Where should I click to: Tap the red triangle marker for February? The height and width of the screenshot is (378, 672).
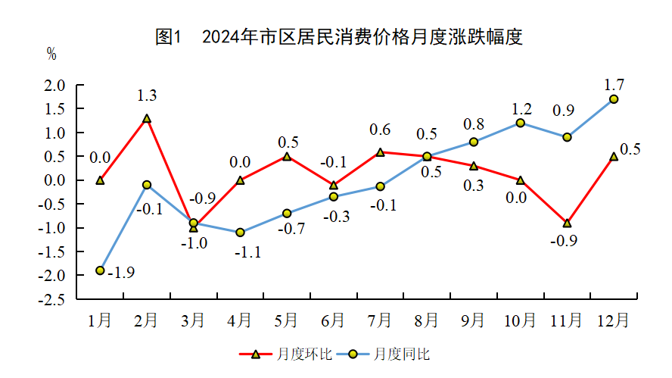(147, 119)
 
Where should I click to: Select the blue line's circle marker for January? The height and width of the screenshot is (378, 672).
(100, 270)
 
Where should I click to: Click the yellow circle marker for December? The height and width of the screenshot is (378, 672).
(614, 99)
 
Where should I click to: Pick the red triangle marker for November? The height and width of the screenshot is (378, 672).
(567, 223)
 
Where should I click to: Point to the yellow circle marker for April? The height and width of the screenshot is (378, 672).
(240, 233)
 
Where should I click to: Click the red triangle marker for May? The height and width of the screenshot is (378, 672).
(287, 157)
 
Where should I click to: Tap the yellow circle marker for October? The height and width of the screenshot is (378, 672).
(521, 123)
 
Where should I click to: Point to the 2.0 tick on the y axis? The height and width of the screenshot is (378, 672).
(54, 86)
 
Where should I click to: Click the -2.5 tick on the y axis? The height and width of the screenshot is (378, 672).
(52, 299)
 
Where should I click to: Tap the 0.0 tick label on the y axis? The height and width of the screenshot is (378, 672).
(54, 180)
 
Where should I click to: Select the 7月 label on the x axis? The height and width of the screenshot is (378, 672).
(380, 320)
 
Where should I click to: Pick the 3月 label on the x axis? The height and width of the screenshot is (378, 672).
(194, 320)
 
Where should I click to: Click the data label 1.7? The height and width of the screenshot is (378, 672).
(614, 83)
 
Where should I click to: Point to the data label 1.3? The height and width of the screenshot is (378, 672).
(147, 96)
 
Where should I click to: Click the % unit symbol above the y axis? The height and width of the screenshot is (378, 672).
(51, 54)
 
